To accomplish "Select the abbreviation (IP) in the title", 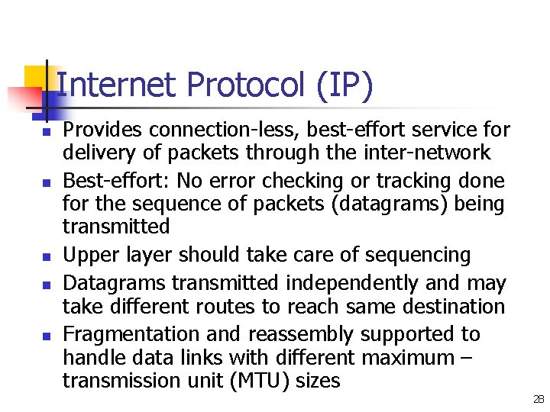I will pos(342,85).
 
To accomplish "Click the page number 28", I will pos(539,399).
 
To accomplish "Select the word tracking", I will pos(428,181).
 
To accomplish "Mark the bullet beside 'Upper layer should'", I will pos(45,256).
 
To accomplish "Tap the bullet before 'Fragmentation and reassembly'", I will pos(45,336).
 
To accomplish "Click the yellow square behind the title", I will pos(37,77).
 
